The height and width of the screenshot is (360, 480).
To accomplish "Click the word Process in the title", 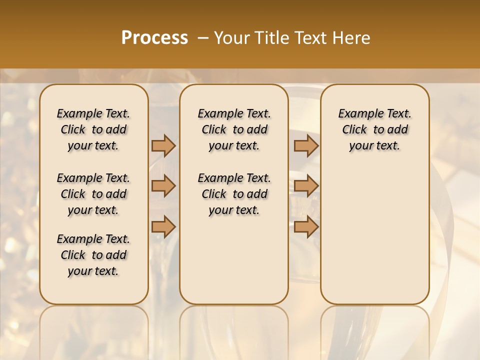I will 154,38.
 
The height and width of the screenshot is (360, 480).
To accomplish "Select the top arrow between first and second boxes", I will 163,145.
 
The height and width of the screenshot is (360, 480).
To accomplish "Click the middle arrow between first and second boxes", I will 163,186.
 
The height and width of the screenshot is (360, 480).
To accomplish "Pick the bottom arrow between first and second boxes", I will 163,226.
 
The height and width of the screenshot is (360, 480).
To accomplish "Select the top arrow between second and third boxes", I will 306,145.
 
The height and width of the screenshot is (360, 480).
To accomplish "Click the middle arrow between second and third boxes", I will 306,186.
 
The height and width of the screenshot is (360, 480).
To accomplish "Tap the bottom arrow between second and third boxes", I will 306,226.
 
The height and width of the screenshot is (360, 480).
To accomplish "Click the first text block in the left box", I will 93,129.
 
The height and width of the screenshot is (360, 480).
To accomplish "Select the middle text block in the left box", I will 93,194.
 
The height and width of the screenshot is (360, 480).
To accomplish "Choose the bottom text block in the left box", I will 93,255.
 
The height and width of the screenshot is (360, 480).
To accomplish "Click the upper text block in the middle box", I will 234,129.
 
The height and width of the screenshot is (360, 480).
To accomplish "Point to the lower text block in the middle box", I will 234,194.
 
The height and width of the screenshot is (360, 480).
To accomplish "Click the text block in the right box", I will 375,129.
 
